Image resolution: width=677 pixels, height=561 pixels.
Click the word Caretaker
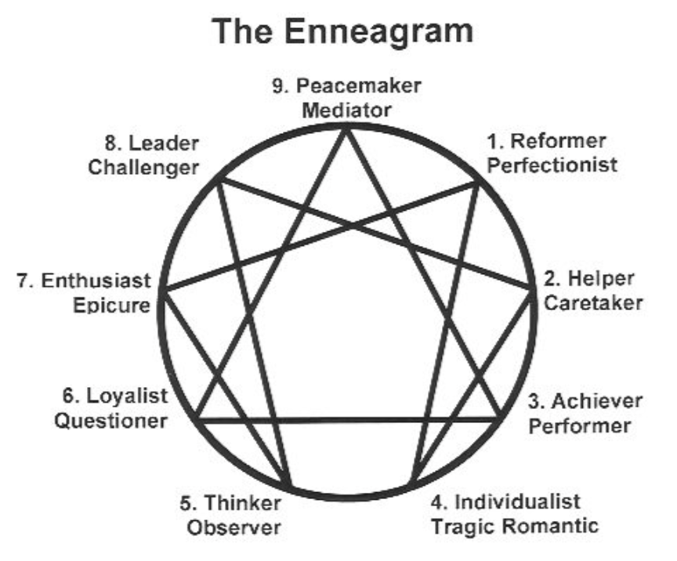coord(593,302)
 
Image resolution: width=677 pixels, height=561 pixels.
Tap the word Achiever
coord(596,402)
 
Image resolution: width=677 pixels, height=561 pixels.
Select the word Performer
coord(578,425)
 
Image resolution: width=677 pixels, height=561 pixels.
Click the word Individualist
coord(518,501)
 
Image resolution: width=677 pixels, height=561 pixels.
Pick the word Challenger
coord(144,167)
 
